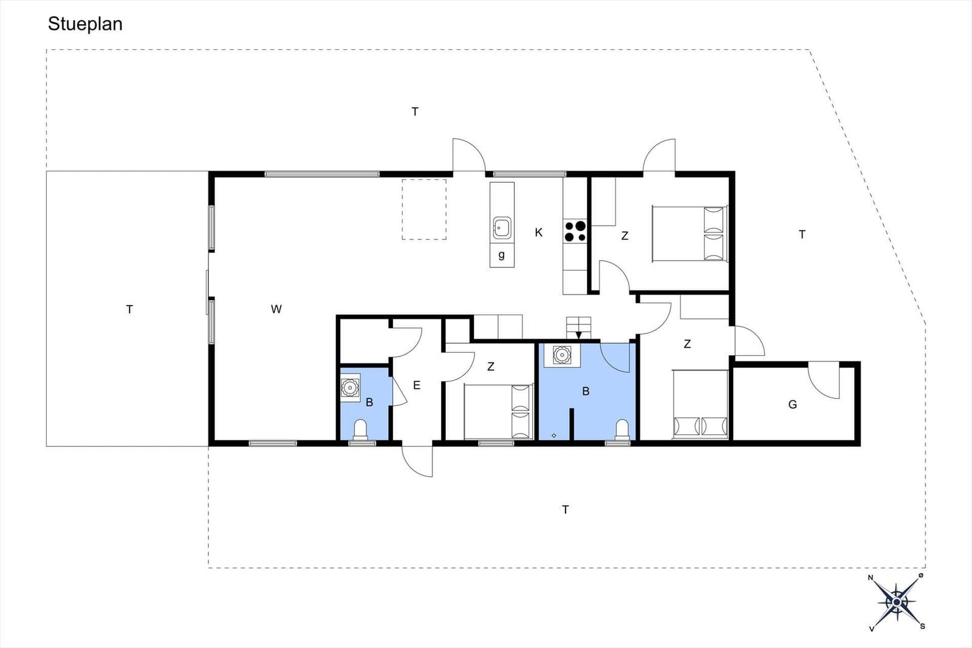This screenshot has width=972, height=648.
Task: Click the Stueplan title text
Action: pos(85,24)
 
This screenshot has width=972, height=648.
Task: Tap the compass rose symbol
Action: pos(897,602)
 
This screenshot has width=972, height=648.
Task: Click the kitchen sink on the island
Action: pos(502,228)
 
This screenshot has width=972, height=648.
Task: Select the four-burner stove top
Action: pos(575,231)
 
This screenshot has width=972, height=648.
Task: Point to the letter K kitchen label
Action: pos(538,233)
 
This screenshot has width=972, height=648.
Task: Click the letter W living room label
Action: pos(276,309)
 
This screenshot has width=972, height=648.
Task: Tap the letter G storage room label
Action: pos(792,404)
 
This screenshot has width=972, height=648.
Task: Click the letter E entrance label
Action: pos(417,384)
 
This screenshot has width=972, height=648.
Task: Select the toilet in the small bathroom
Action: pos(361,429)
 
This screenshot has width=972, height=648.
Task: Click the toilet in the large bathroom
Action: pos(622,429)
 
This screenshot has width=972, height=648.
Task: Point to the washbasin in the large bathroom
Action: pos(562,355)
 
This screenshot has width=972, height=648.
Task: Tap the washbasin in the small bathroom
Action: pos(350,387)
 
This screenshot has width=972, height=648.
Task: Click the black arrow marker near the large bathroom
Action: pos(578,335)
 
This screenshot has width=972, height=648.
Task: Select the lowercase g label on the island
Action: pos(502,254)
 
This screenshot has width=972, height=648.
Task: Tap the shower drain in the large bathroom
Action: pos(553,435)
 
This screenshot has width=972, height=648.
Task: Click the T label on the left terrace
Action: pos(129,309)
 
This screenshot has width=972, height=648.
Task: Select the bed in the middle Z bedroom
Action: pos(499,412)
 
